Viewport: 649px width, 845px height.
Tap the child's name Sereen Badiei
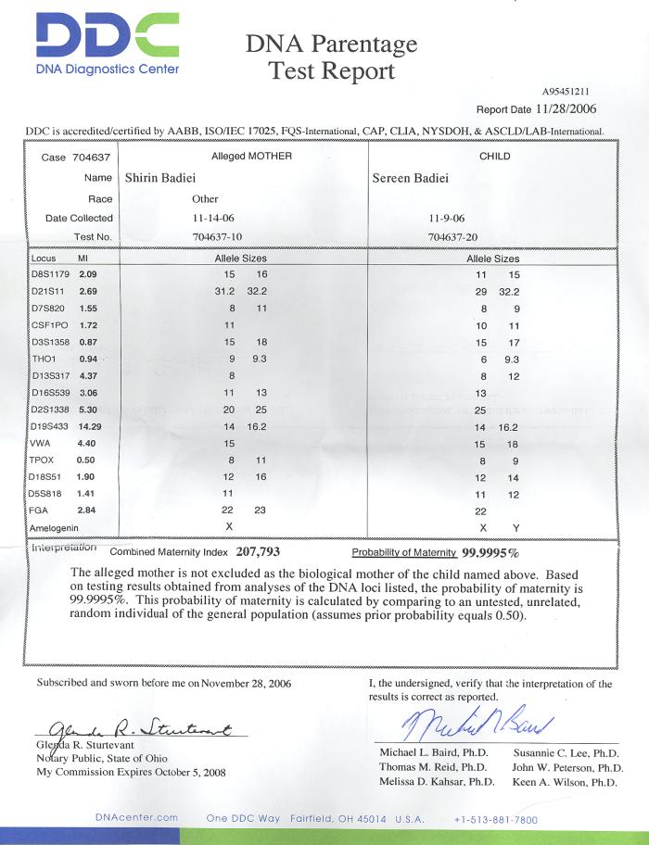click(414, 178)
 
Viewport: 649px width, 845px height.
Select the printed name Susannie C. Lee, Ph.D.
click(566, 753)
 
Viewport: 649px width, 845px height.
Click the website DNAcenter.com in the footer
click(135, 817)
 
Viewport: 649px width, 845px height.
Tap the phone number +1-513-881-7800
click(496, 820)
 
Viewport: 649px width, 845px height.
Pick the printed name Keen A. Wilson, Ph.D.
click(565, 783)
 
